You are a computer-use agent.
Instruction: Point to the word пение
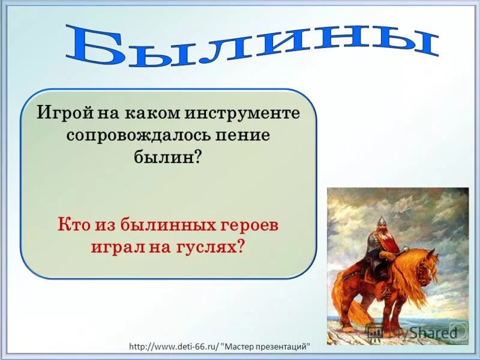click(x=246, y=135)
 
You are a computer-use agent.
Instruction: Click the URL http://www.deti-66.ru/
click(x=174, y=347)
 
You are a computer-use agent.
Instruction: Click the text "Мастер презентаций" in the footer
click(x=267, y=347)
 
